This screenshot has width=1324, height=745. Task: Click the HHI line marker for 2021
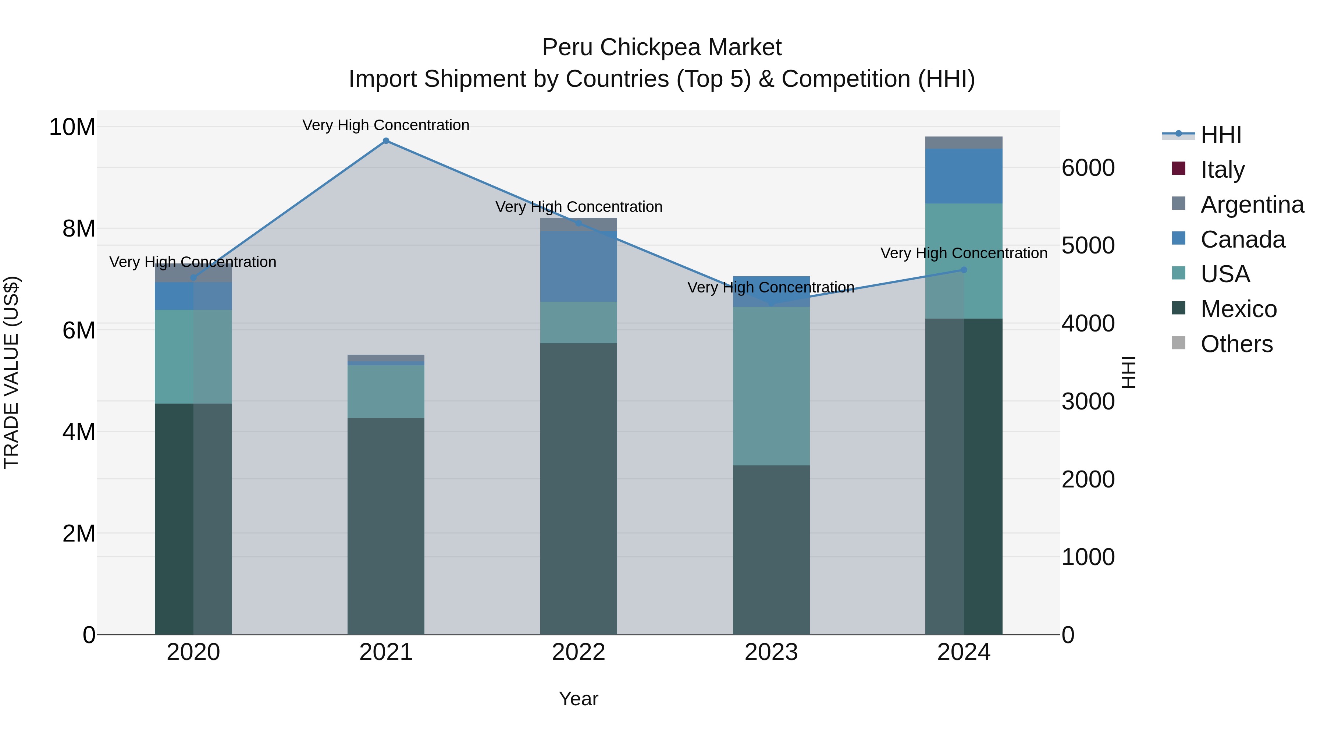[386, 141]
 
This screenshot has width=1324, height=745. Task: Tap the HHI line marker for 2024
[964, 270]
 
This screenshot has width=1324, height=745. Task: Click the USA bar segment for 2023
[771, 386]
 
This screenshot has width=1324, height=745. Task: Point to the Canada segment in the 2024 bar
[964, 176]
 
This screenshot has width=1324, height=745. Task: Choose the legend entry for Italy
[1222, 170]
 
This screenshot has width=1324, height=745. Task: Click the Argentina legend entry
[1252, 205]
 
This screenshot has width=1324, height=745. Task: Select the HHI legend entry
[1220, 135]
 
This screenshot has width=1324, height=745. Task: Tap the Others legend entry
[1236, 344]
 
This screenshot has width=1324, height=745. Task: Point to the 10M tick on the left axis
[72, 127]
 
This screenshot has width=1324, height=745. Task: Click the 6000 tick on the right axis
[1088, 168]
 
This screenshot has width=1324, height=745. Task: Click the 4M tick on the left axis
[79, 432]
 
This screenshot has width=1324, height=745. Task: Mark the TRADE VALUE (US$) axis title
[12, 372]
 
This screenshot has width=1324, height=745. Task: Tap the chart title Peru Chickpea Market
[662, 47]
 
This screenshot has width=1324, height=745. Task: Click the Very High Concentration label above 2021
[386, 125]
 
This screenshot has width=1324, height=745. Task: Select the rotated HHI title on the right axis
[1129, 372]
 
